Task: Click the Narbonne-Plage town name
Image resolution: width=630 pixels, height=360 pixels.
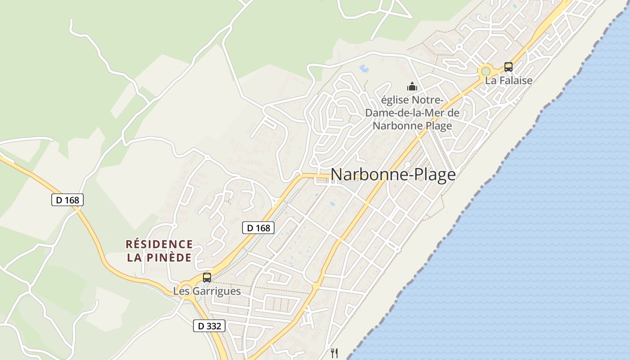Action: coord(393,175)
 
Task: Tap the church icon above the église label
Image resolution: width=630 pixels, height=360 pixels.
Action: coord(412,86)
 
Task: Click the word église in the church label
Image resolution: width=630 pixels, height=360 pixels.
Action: coord(396,99)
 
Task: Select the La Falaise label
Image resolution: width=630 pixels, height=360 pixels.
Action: coord(508,81)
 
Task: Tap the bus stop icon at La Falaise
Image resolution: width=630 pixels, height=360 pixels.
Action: coord(508,67)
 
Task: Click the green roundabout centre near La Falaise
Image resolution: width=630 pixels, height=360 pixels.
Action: coord(485,71)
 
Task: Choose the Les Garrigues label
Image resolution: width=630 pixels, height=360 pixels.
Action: coord(207,291)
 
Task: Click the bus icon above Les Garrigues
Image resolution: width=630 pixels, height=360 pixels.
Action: coord(207,277)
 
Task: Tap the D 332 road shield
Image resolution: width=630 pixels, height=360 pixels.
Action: coord(209,326)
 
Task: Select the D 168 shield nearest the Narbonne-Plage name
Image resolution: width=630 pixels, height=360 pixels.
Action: coord(258,228)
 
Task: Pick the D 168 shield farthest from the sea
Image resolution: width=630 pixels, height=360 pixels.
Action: coord(67,200)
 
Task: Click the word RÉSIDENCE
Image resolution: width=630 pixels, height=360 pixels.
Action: coord(159,244)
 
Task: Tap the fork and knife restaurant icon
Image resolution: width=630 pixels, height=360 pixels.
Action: coord(334,353)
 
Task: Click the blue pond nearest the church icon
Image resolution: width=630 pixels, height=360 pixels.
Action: coord(364,68)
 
